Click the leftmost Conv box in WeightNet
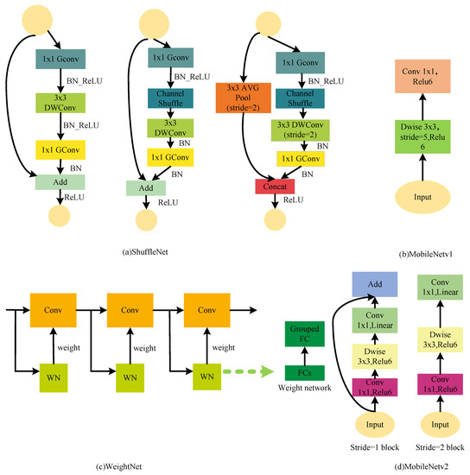coord(48,308)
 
